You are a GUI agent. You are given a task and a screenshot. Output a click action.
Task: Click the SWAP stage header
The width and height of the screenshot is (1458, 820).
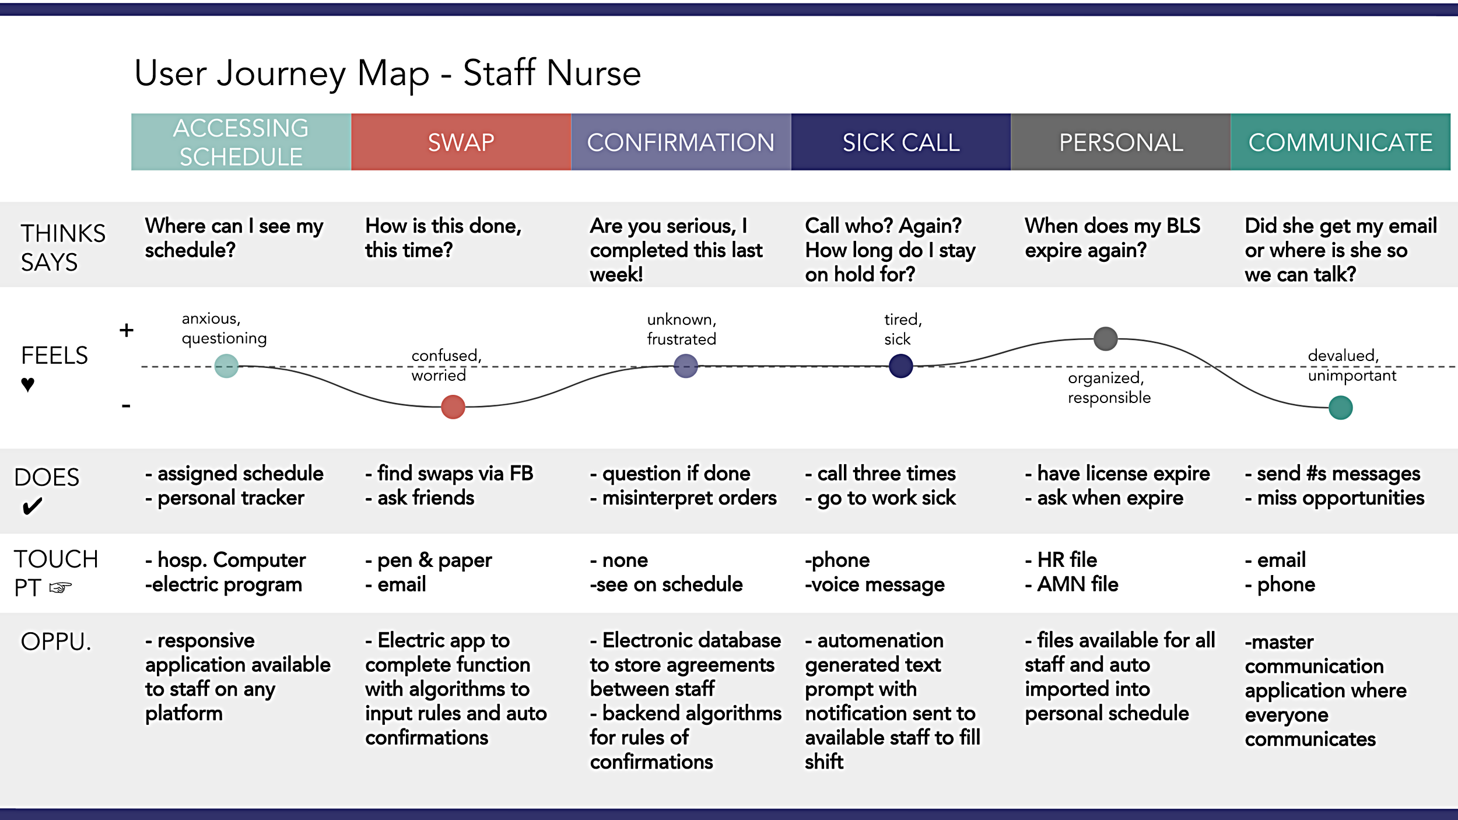point(461,142)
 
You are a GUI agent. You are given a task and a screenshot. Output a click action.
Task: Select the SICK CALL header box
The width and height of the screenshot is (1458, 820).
point(900,142)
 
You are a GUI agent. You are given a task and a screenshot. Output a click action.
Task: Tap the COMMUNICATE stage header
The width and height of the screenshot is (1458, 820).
point(1340,142)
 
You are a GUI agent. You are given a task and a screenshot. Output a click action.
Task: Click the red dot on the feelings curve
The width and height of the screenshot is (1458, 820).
point(453,407)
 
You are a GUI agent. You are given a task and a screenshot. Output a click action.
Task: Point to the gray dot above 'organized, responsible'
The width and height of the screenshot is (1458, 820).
point(1105,339)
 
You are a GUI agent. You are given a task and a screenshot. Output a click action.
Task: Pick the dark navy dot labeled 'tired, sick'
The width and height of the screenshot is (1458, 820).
point(900,366)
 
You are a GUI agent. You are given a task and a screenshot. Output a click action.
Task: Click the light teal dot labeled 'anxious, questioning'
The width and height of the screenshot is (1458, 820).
point(226,366)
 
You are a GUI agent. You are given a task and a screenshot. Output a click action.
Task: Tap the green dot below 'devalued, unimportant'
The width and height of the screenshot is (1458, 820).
point(1340,408)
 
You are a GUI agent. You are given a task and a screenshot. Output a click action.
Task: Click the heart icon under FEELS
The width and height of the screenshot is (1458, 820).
point(27,384)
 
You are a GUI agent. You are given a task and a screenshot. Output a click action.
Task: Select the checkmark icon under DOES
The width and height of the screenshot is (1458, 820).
point(32,506)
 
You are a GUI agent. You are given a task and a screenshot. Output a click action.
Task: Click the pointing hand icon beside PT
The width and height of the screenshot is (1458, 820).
point(60,587)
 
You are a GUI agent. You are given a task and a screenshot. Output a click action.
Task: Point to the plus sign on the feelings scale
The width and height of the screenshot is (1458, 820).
point(127,330)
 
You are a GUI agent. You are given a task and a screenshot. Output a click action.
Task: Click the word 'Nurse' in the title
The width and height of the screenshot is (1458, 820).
point(594,73)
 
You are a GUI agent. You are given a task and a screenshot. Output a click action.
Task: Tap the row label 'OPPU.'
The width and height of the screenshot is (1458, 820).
point(56,642)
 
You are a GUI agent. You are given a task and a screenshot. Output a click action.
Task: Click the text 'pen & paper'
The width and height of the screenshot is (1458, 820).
point(434,560)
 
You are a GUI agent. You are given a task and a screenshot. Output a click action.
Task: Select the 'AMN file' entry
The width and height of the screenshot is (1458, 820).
point(1078,584)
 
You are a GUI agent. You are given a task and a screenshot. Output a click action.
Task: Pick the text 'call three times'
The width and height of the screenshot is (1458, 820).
point(886,474)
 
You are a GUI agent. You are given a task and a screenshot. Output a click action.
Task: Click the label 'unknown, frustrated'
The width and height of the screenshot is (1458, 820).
point(681,330)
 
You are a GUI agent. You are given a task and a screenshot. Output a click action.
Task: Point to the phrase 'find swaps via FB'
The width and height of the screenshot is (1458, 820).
point(455,474)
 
